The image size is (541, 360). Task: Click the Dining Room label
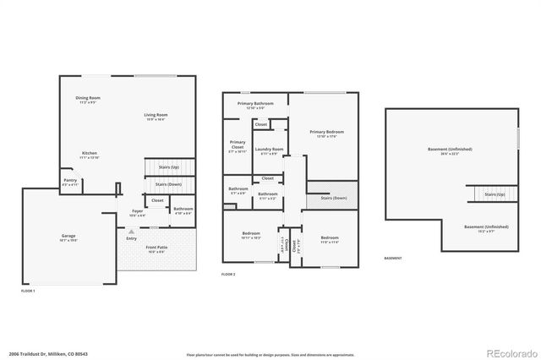[88, 99]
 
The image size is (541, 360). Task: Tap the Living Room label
[156, 116]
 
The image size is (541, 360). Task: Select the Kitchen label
[90, 154]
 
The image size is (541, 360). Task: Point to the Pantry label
[70, 181]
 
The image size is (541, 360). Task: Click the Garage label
[68, 237]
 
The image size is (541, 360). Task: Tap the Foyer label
[137, 212]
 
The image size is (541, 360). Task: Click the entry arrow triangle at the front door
[130, 230]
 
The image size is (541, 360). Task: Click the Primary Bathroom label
[255, 104]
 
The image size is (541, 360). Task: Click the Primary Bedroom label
[326, 133]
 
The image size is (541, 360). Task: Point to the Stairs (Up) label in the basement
[495, 194]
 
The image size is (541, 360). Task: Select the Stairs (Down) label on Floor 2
[333, 198]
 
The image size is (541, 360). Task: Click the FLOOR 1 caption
[28, 291]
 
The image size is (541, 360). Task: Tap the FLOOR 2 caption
[229, 275]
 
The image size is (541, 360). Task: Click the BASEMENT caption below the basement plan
[393, 258]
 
